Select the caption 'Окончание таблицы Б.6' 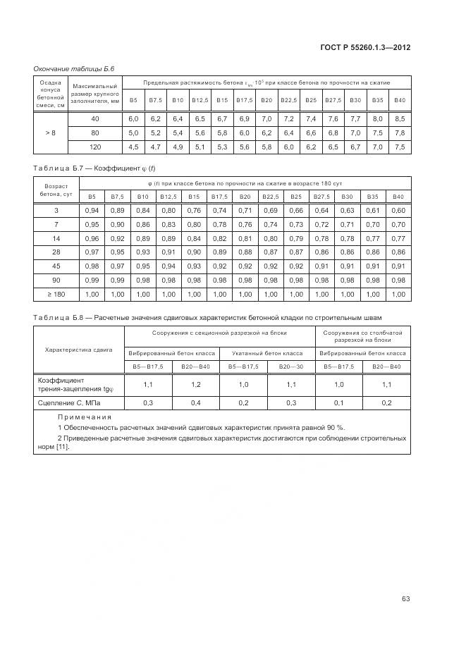point(74,68)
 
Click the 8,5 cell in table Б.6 point(400,118)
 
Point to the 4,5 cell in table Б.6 point(133,147)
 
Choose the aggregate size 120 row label point(95,147)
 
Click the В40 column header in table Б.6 point(400,100)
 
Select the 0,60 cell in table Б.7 point(398,211)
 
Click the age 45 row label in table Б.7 point(56,266)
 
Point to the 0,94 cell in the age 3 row point(92,211)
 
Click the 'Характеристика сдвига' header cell point(79,349)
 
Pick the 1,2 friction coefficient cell point(196,385)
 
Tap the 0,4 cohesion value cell point(196,402)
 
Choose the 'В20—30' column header point(292,367)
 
